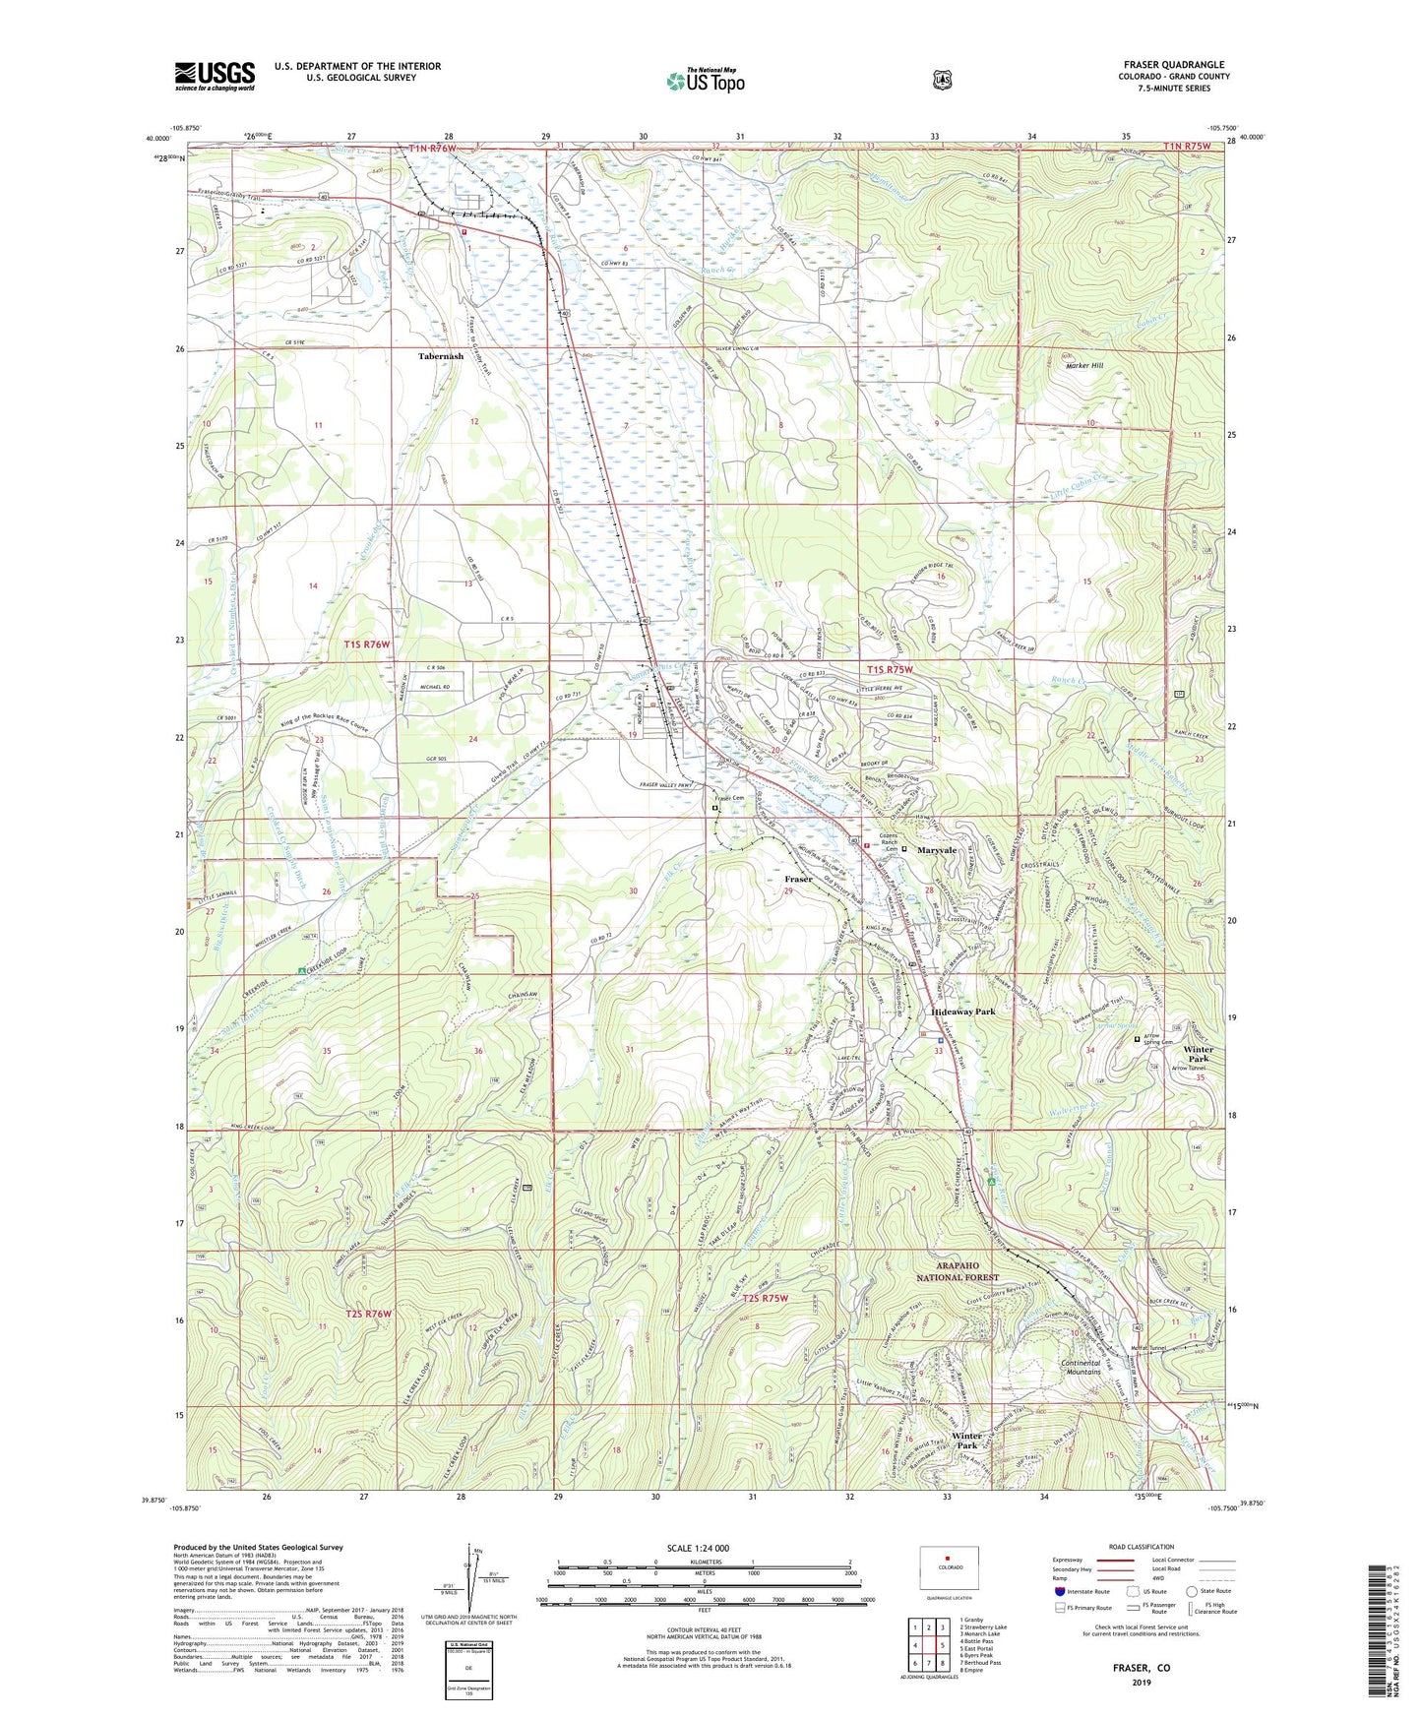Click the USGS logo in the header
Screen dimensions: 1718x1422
coord(215,76)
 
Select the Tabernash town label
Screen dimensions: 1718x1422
coord(440,356)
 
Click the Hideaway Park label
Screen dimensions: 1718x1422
coord(963,1012)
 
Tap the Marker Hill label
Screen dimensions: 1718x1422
coord(1084,365)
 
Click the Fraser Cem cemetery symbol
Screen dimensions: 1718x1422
coord(714,808)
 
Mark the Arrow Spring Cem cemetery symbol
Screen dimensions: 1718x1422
coord(1137,1038)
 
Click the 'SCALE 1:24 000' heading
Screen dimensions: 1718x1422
coord(698,1548)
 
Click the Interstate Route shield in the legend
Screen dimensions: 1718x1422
coord(1060,1590)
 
